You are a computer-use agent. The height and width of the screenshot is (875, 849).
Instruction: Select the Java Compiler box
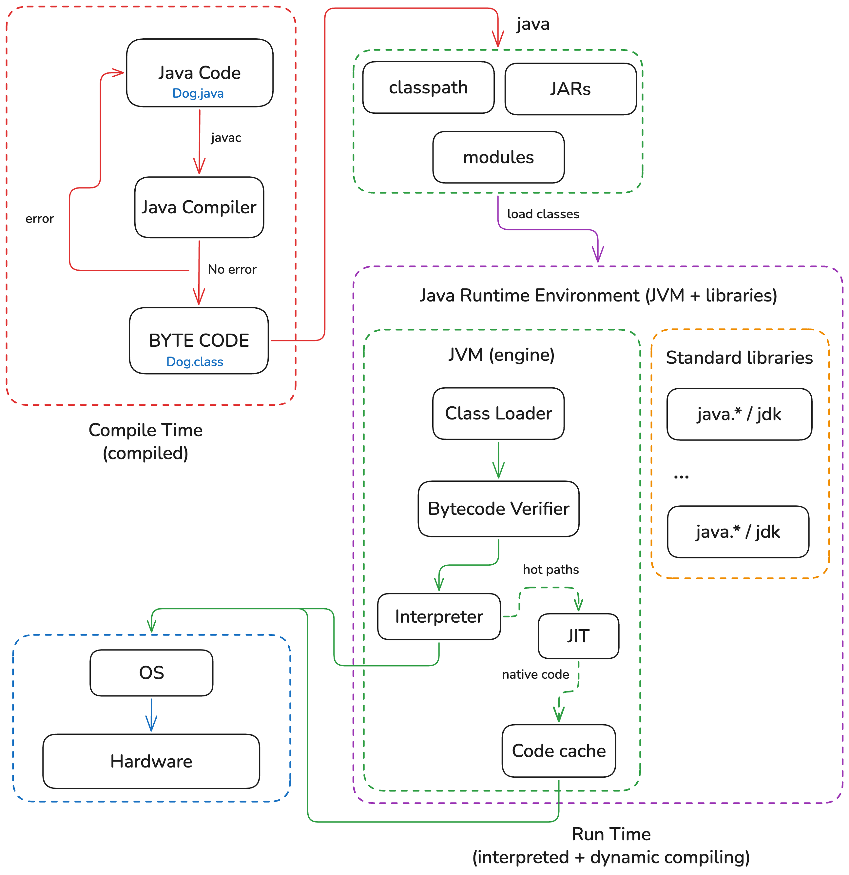199,207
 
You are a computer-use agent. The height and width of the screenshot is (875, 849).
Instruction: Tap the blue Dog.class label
195,361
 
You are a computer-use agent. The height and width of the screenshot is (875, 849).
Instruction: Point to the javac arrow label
226,138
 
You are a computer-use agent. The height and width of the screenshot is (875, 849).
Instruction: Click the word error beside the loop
40,219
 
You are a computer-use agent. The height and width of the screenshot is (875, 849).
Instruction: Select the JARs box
570,89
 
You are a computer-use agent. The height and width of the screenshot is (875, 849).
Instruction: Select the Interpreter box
439,616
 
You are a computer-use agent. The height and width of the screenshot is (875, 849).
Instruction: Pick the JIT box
578,636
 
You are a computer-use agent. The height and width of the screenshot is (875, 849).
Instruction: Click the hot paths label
551,570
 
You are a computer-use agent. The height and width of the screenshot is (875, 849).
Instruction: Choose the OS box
151,672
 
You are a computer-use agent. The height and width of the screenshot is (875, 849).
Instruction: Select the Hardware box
151,761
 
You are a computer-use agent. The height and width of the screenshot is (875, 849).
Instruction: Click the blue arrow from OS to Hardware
151,714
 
